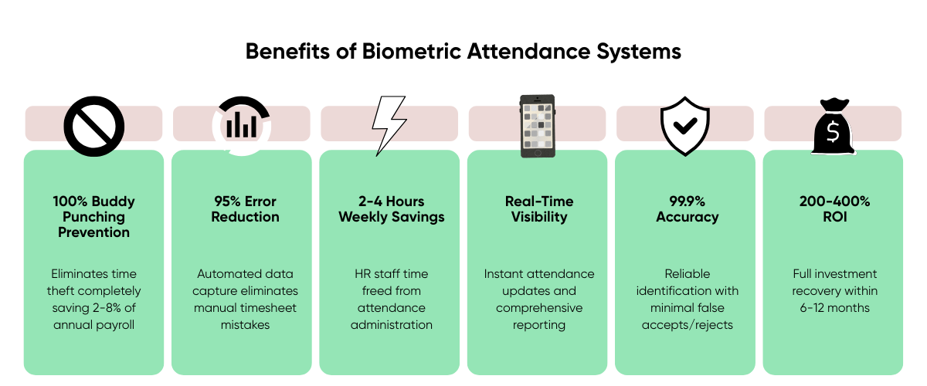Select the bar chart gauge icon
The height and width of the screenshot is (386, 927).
point(242,125)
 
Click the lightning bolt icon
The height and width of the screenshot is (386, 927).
point(389,126)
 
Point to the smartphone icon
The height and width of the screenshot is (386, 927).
point(538,126)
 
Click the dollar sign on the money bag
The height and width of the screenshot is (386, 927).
point(833,132)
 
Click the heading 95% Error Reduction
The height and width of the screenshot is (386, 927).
point(245,209)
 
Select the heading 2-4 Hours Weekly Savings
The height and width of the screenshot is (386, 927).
point(392,209)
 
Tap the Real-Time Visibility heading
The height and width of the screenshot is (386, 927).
point(539,209)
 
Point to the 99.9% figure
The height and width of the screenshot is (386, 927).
point(688,201)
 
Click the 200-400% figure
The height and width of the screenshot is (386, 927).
point(835,201)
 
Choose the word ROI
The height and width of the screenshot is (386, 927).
point(835,217)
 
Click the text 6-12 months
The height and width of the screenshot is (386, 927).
point(835,308)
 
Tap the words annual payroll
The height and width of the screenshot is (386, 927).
point(94,325)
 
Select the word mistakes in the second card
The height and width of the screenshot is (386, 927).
point(245,325)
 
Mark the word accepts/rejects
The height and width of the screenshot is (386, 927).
point(688,325)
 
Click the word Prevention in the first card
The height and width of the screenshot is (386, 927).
point(94,232)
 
